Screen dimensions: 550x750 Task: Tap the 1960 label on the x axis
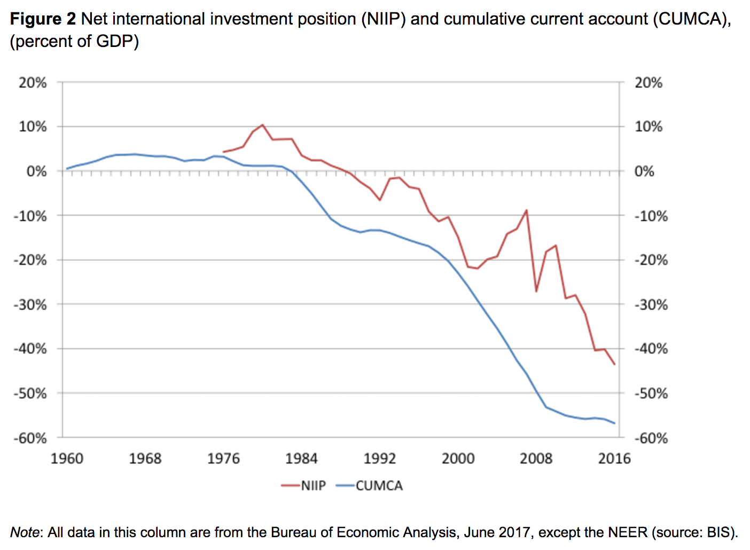tap(67, 458)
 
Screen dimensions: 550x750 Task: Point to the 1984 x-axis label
tap(301, 458)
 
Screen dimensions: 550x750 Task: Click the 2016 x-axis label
tap(614, 458)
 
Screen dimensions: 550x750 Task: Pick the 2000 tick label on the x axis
tap(458, 458)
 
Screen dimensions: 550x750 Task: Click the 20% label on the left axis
tap(33, 83)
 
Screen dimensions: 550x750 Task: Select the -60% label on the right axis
tap(651, 438)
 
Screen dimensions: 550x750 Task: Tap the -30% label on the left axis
tap(30, 305)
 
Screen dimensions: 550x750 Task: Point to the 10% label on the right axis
tap(649, 127)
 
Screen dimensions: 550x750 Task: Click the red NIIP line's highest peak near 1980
tap(262, 125)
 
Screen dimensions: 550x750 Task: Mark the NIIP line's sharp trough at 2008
tap(536, 292)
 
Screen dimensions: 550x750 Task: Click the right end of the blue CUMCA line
tap(615, 423)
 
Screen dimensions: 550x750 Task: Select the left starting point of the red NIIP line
tap(223, 152)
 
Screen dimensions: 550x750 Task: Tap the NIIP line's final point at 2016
tap(615, 365)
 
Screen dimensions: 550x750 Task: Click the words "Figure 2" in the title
tap(43, 19)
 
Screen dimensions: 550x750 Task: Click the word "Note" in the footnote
tap(25, 532)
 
